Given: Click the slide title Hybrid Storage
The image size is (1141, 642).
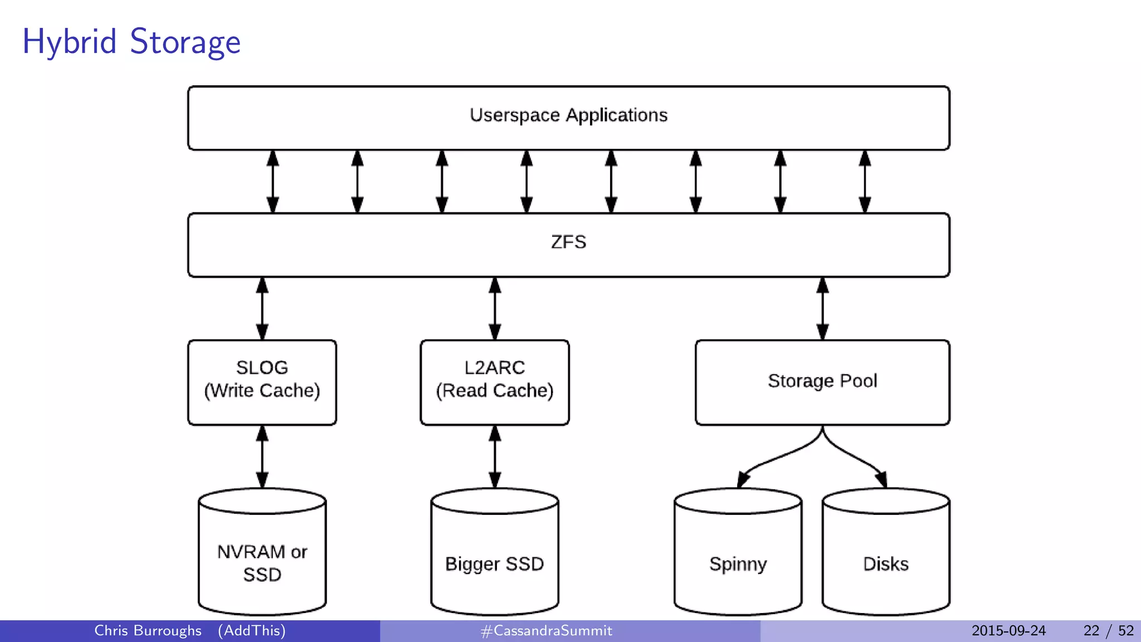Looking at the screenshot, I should (131, 42).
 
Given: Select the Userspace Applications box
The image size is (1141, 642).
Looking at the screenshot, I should (568, 118).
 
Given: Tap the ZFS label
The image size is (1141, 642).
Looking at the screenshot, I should (568, 242).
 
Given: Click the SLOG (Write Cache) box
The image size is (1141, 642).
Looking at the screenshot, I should (262, 382).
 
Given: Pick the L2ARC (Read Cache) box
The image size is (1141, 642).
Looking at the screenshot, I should (494, 382).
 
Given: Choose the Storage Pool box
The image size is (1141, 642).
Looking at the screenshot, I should (822, 382).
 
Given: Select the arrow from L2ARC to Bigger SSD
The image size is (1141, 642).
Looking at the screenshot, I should (495, 456).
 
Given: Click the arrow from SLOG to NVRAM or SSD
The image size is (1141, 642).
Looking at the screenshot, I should (262, 456).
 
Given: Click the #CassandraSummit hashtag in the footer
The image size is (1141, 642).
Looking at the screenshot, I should (546, 631).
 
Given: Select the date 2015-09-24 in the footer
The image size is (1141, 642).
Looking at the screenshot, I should (1008, 631).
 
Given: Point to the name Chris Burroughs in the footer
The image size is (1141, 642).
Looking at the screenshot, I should (148, 631).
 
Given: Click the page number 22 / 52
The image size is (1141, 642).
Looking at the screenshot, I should (1108, 631).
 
